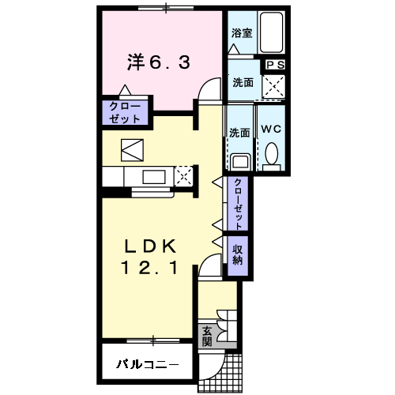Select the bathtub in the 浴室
270,32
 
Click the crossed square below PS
274,85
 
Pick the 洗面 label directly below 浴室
242,82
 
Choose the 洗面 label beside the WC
239,132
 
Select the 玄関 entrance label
207,337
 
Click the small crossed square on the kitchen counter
186,174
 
